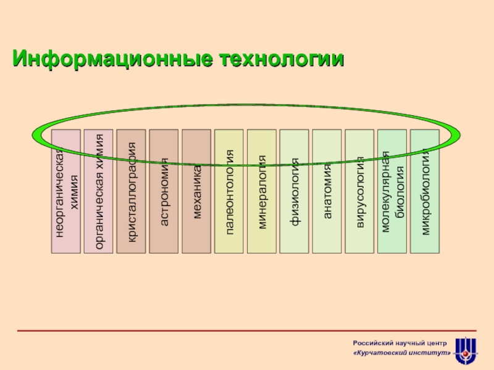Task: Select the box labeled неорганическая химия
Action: [x=66, y=192]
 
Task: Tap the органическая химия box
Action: [x=99, y=192]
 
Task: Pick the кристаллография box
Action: [x=132, y=192]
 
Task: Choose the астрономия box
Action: [x=164, y=192]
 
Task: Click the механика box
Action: [x=196, y=192]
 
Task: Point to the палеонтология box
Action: [x=229, y=192]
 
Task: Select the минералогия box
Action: [x=262, y=192]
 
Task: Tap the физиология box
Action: [x=295, y=192]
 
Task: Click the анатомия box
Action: [x=327, y=192]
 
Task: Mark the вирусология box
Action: [x=359, y=192]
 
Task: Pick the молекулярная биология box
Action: [x=392, y=192]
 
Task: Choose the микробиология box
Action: [x=425, y=192]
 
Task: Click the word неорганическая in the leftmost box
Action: [x=60, y=192]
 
